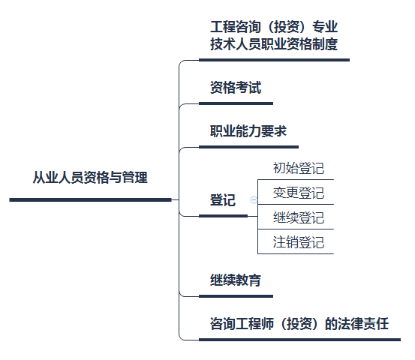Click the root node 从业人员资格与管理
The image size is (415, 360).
[x=90, y=177]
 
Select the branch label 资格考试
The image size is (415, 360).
[x=236, y=87]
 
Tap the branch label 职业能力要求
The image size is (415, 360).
[x=248, y=131]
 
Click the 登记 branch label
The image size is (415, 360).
[x=223, y=200]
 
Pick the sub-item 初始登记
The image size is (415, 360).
[x=299, y=168]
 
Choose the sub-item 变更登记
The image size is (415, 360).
[x=299, y=193]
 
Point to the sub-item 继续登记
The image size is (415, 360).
[x=299, y=217]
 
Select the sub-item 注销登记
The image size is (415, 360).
[x=299, y=242]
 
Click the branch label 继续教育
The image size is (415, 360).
[x=236, y=280]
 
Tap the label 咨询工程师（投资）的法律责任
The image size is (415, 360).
[x=299, y=323]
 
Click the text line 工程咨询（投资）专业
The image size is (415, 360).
[x=274, y=27]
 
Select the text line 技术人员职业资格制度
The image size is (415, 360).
[x=274, y=44]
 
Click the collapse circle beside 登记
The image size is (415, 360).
[x=254, y=200]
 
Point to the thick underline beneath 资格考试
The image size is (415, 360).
[x=236, y=103]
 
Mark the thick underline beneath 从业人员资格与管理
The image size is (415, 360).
[x=90, y=200]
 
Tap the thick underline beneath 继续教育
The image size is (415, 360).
[x=236, y=296]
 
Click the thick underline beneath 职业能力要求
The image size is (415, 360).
[x=248, y=147]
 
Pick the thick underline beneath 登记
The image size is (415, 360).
[x=223, y=216]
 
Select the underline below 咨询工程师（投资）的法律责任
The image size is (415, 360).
[x=299, y=340]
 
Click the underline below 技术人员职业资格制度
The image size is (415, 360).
[x=274, y=60]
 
